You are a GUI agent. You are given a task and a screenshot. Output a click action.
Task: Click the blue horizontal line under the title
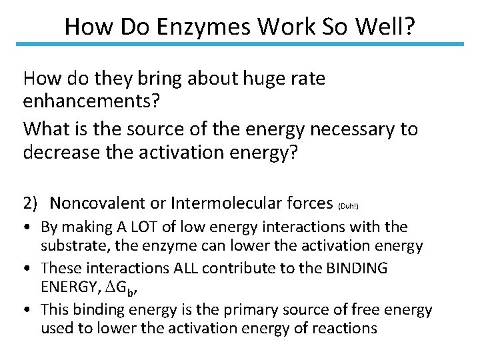click(x=240, y=45)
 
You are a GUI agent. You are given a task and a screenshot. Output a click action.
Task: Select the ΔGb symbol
click(x=125, y=288)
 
